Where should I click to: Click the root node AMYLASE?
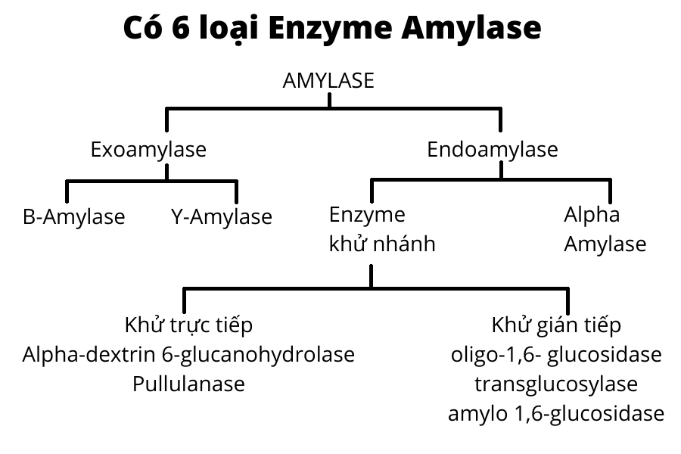[x=328, y=81]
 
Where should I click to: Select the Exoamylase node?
[x=148, y=149]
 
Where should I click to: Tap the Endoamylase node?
[x=493, y=149]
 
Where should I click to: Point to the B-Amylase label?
[x=74, y=217]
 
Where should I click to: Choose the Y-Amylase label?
[x=221, y=217]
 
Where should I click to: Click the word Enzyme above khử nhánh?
[x=367, y=214]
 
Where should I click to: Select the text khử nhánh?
[x=382, y=244]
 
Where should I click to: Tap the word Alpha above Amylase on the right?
[x=592, y=214]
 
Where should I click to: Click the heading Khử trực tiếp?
[x=188, y=325]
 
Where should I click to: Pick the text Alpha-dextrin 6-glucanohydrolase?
[x=188, y=354]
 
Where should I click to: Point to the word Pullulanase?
[x=188, y=384]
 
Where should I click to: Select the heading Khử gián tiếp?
[x=556, y=325]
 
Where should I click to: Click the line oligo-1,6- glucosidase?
[x=556, y=354]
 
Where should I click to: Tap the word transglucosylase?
[x=556, y=384]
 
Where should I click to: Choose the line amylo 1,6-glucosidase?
[x=556, y=414]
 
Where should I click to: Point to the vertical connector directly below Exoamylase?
[x=168, y=173]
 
